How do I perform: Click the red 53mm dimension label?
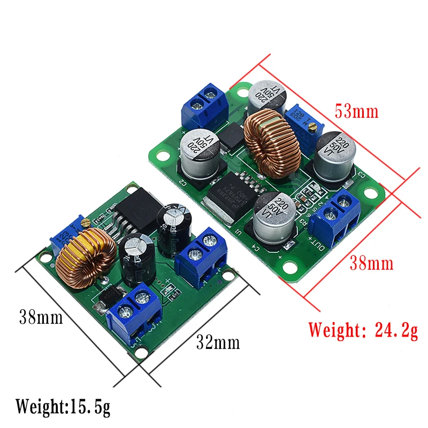click(356, 112)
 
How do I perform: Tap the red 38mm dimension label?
click(371, 263)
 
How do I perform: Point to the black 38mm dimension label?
click(41, 317)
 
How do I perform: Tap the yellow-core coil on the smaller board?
click(86, 256)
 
